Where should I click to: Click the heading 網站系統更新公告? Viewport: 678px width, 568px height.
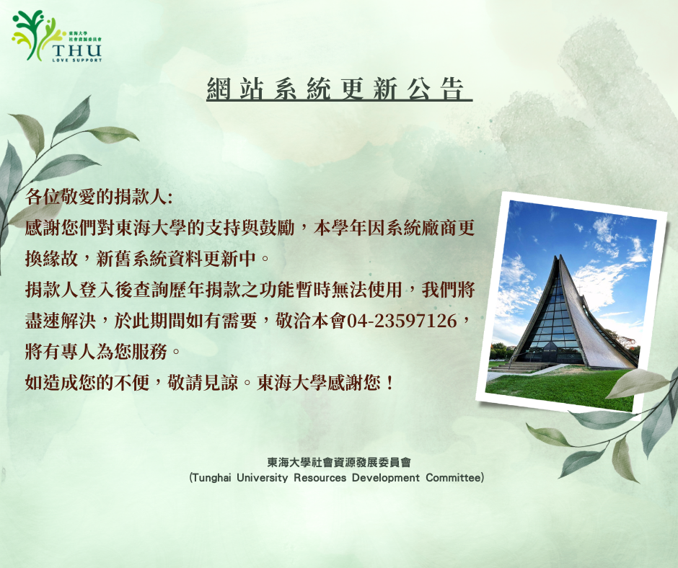[335, 89]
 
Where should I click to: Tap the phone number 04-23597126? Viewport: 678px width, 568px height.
[402, 321]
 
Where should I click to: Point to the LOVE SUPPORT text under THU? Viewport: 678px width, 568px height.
[76, 60]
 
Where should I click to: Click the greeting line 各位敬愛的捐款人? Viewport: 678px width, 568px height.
[99, 197]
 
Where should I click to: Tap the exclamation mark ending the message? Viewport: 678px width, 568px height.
[390, 383]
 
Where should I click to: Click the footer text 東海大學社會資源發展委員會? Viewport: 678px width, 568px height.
[338, 462]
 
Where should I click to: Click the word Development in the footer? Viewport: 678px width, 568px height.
[385, 478]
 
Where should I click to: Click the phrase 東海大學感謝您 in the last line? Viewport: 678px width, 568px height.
[319, 383]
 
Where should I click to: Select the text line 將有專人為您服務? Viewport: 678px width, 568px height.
[96, 352]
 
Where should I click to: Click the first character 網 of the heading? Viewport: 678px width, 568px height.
[219, 89]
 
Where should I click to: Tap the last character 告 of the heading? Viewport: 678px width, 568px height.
[453, 89]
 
